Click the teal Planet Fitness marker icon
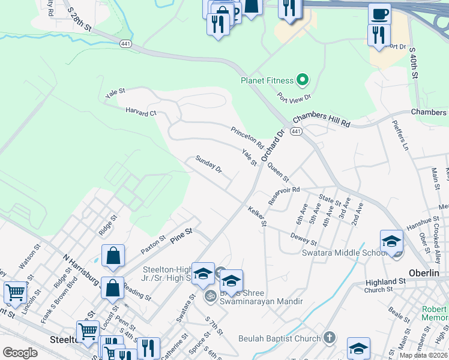pos(303,80)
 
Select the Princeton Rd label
pos(247,137)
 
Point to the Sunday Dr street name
pos(209,164)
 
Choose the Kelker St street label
pos(257,216)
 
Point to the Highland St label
pos(385,281)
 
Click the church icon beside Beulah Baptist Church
pos(328,338)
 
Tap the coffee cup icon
pos(379,14)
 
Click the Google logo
pos(20,352)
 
